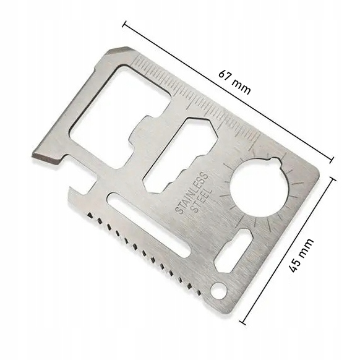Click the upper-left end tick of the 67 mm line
point(126,25)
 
